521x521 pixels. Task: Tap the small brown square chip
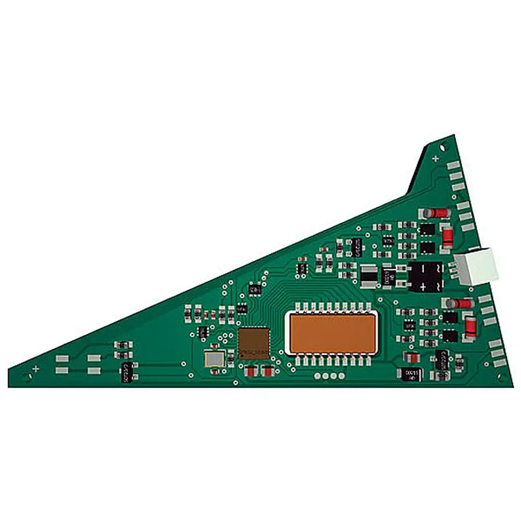tap(254, 343)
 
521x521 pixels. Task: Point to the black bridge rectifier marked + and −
tap(426, 276)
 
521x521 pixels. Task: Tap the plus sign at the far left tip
tap(35, 368)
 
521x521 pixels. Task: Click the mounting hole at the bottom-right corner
tap(501, 378)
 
